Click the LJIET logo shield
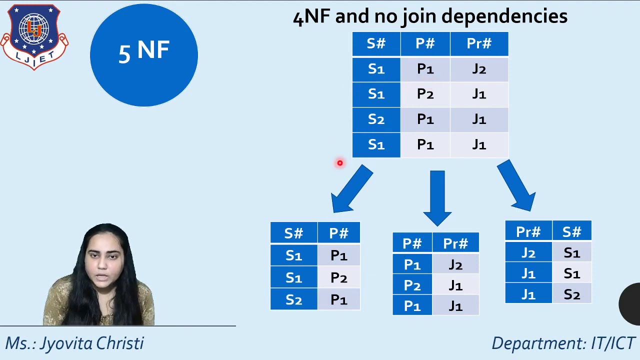[x=34, y=36]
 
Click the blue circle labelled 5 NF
[x=144, y=54]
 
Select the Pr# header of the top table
[x=479, y=44]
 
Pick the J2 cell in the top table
[x=479, y=69]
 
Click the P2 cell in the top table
[x=425, y=94]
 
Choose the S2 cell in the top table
[x=376, y=119]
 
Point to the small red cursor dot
[x=339, y=163]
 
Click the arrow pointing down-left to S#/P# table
[x=352, y=189]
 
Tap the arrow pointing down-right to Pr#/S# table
[x=516, y=185]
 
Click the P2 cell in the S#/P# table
[x=338, y=277]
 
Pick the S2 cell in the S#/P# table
[x=293, y=299]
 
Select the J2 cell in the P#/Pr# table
[x=455, y=265]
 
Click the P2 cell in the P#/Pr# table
[x=412, y=285]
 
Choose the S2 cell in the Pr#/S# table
[x=571, y=294]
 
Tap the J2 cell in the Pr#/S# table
[x=528, y=253]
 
